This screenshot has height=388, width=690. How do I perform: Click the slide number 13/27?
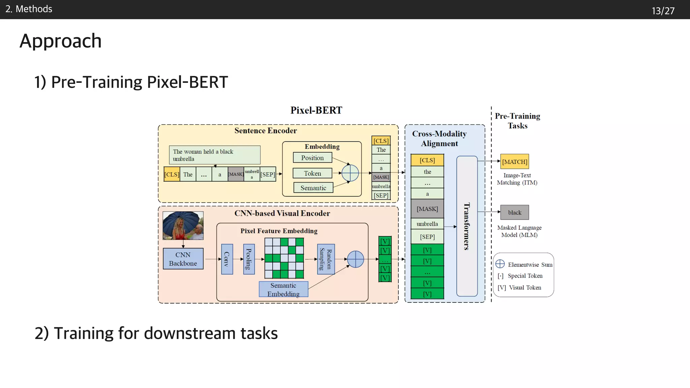point(663,11)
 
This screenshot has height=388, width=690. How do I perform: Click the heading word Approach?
point(61,41)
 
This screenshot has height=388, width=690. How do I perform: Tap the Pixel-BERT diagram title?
point(316,110)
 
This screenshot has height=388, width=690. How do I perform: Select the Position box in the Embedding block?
point(312,158)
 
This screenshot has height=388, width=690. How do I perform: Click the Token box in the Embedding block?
point(312,173)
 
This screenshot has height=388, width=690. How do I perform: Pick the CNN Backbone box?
point(183,259)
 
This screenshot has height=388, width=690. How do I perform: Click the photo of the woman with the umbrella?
point(183,225)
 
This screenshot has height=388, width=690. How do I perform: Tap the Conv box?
point(227,259)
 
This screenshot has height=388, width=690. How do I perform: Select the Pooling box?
point(249,259)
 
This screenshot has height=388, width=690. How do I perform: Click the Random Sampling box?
point(326,259)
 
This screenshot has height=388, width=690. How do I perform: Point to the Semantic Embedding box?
point(283,289)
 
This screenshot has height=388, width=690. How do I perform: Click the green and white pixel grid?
point(284,258)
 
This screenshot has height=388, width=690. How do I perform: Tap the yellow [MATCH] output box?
point(514,162)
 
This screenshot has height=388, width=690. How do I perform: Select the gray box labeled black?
point(514,213)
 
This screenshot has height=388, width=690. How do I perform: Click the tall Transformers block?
point(467,226)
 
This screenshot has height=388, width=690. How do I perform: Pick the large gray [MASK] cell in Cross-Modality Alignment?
point(427,209)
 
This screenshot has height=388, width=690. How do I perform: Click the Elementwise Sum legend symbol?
point(500,264)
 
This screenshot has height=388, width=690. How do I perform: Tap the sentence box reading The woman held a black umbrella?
point(214,155)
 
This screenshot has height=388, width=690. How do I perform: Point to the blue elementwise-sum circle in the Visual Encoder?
point(355,259)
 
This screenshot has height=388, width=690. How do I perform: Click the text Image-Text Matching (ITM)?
point(517,179)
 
